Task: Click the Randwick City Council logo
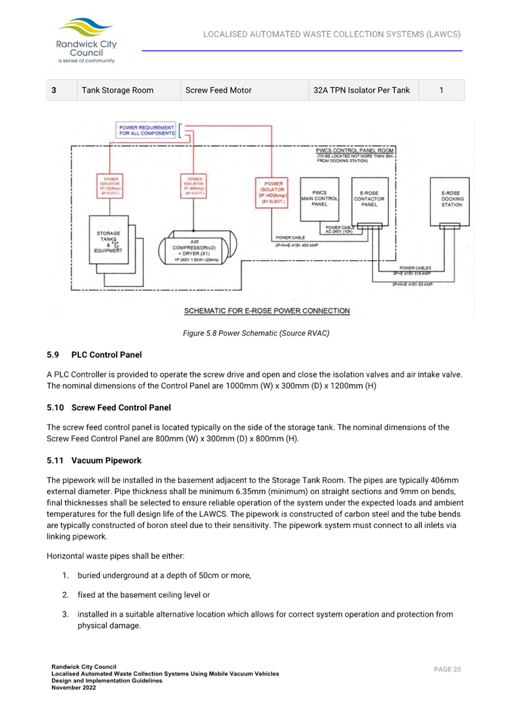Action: (86, 40)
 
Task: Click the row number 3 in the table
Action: (54, 90)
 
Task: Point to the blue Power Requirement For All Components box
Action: (147, 130)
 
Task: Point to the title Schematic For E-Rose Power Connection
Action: (267, 311)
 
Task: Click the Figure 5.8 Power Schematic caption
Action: (255, 333)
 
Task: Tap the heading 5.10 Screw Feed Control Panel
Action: (109, 407)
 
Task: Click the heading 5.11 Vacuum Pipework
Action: (94, 460)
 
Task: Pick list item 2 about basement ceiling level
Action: (143, 595)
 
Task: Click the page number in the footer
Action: (447, 670)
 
